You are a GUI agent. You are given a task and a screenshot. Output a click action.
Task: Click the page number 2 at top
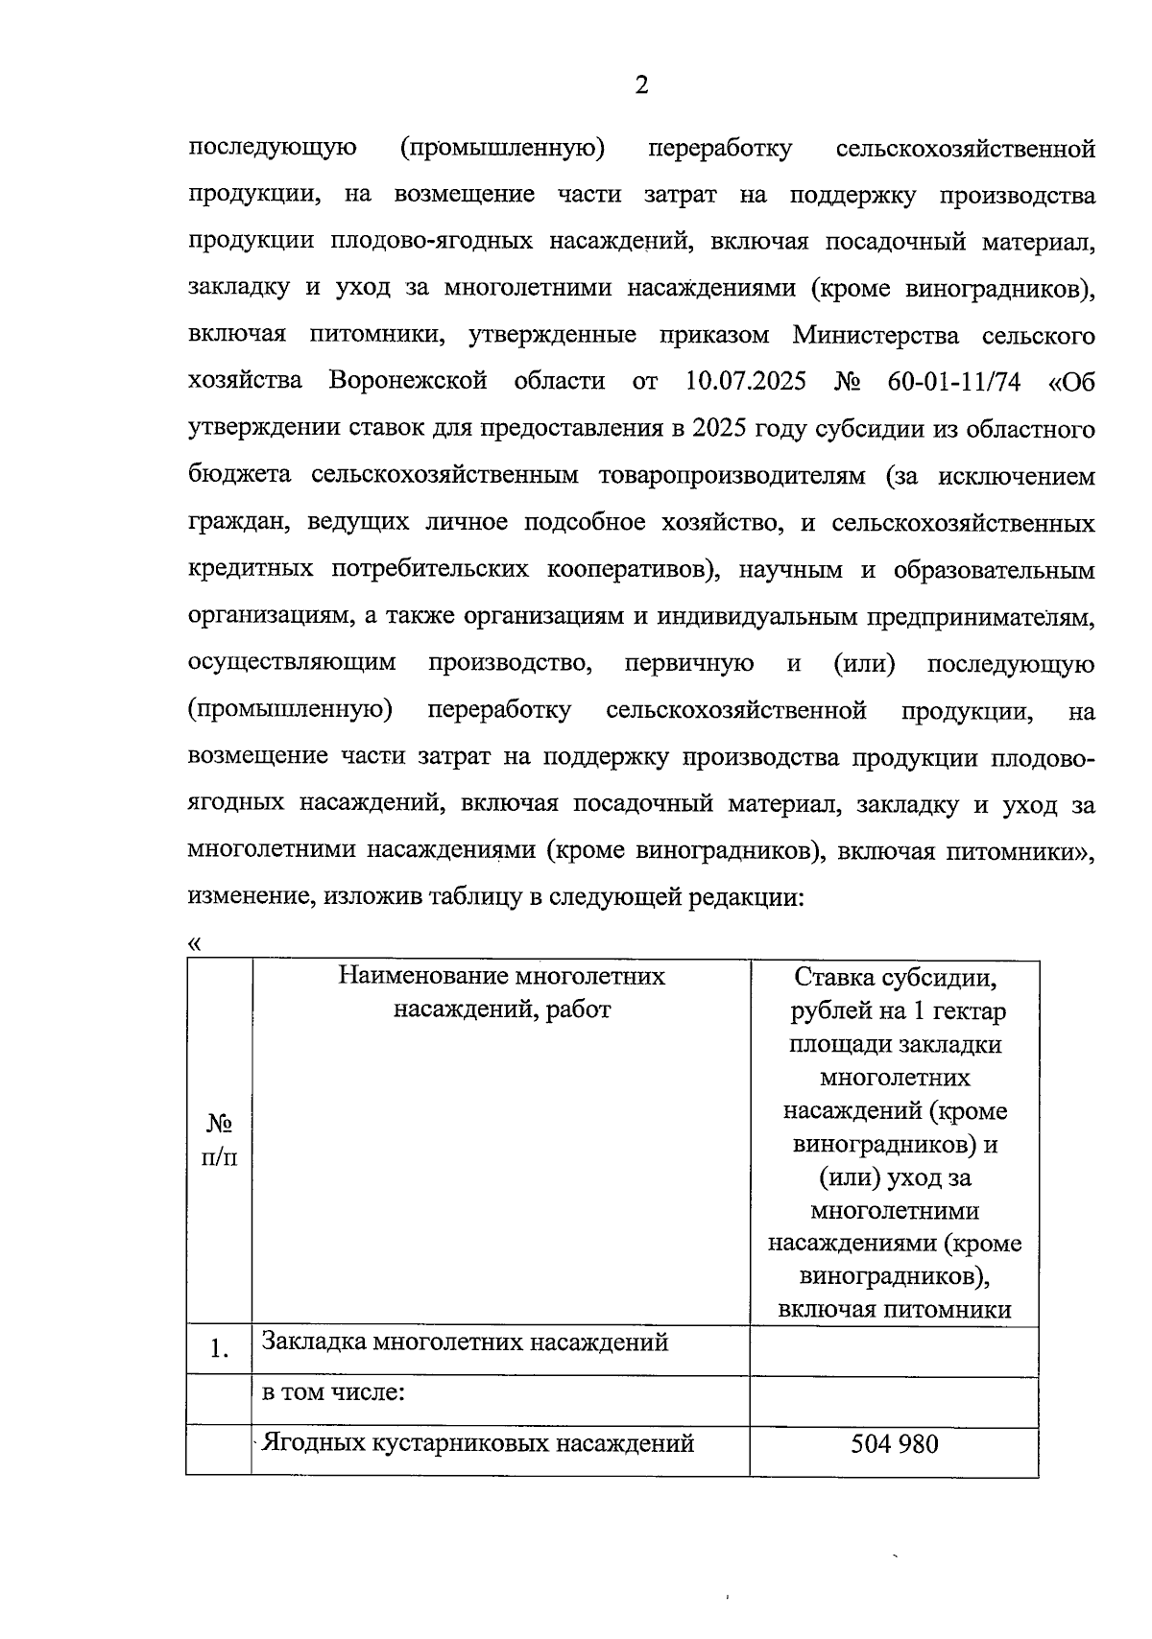[641, 86]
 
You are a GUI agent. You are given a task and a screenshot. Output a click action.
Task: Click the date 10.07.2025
[746, 382]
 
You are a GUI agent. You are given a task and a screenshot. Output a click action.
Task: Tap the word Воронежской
[408, 382]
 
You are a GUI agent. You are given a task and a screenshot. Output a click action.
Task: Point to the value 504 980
[894, 1444]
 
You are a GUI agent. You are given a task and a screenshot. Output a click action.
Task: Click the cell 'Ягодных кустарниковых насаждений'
[477, 1443]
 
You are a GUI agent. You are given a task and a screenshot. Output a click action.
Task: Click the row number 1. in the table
[219, 1350]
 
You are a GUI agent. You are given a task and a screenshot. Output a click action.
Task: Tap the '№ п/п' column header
[220, 1141]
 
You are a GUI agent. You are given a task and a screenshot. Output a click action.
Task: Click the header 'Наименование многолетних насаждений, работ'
[501, 993]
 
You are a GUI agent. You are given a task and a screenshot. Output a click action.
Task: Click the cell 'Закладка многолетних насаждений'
[465, 1342]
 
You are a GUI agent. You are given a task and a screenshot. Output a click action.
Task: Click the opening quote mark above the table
[195, 943]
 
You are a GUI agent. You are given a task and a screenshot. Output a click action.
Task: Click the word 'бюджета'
[240, 476]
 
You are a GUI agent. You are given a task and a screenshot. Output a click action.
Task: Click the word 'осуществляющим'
[292, 664]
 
